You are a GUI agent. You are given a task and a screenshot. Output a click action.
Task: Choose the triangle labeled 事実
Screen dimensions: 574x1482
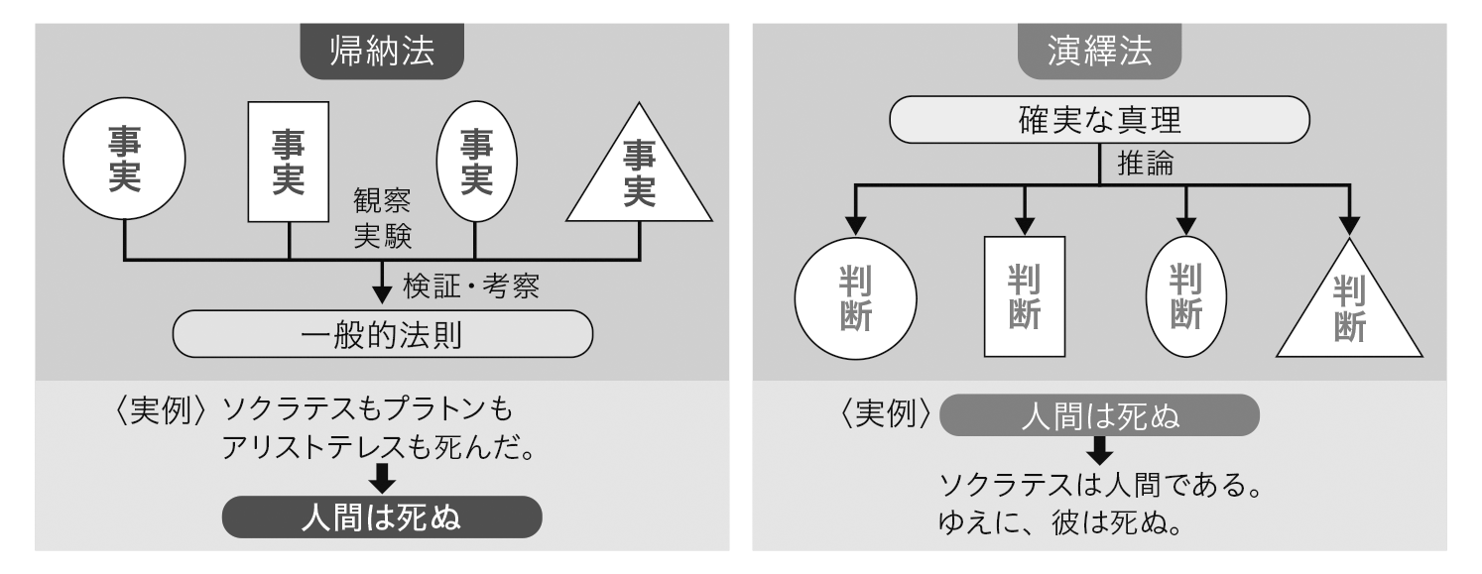(x=639, y=173)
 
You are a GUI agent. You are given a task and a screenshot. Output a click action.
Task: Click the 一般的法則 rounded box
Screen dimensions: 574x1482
(x=382, y=336)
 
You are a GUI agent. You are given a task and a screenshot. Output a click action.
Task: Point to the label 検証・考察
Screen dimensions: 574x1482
(x=475, y=287)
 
